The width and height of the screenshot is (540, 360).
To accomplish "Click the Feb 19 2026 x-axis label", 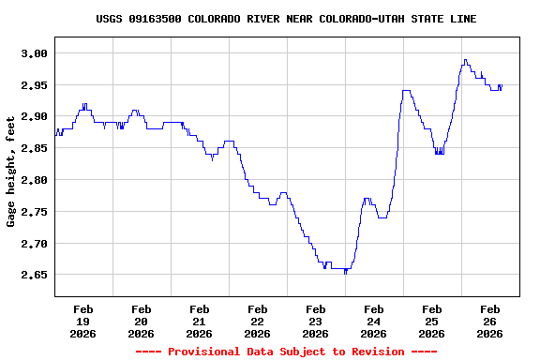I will tap(83, 321).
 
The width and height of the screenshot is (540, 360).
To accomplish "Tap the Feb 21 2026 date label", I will tap(200, 321).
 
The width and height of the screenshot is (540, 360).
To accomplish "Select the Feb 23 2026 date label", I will tap(316, 321).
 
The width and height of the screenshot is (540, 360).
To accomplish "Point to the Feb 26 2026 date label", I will tap(489, 321).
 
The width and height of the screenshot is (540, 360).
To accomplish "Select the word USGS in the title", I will tap(110, 19).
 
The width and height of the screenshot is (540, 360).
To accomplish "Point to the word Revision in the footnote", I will tap(375, 352).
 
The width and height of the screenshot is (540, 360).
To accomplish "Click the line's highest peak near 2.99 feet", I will tap(465, 60).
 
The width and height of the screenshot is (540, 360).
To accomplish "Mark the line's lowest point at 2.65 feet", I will tap(345, 273).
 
